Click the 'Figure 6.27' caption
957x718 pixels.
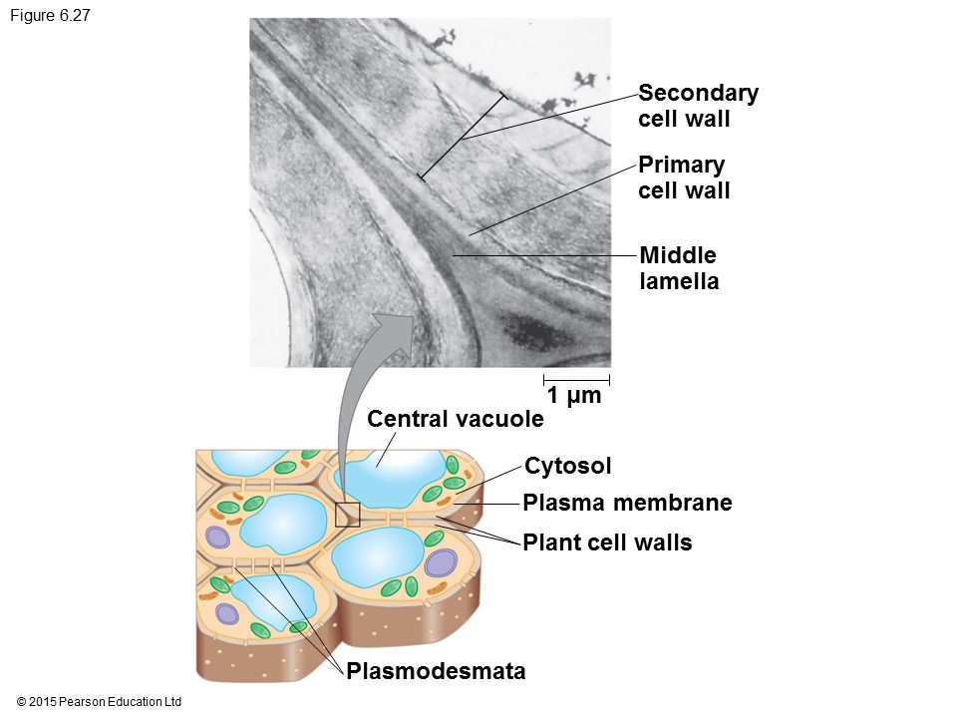[x=49, y=16]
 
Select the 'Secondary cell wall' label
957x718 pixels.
[x=698, y=106]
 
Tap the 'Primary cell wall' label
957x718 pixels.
[x=684, y=178]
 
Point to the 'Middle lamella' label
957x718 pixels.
[x=679, y=268]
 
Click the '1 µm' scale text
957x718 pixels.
[x=575, y=396]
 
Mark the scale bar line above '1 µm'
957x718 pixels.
[x=576, y=380]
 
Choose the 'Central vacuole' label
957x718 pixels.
[x=456, y=419]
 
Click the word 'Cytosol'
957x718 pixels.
[x=567, y=466]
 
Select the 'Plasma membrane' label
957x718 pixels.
[x=627, y=504]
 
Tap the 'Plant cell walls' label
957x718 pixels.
[x=607, y=543]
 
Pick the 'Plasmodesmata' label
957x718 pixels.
[x=436, y=671]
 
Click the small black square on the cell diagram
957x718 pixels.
[x=347, y=515]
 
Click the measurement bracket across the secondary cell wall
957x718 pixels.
[x=462, y=138]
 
